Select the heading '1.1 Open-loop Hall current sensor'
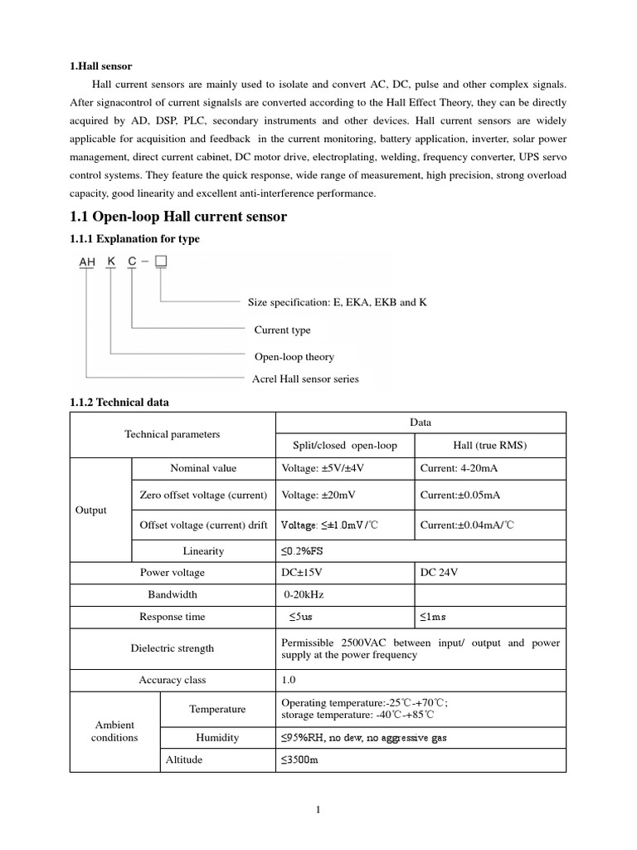point(178,217)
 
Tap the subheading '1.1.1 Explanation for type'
point(134,239)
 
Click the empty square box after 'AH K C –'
point(162,262)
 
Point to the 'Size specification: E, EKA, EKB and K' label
point(338,302)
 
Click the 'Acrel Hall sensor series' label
point(305,379)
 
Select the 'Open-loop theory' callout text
point(294,357)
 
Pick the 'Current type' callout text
point(283,330)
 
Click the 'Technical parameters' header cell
point(173,434)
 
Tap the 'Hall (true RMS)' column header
point(490,445)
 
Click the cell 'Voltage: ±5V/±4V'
point(323,468)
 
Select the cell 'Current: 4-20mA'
point(459,468)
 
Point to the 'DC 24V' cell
point(440,573)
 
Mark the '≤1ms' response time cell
point(433,617)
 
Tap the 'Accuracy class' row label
point(173,680)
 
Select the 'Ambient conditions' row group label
point(114,731)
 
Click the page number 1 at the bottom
point(318,811)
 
